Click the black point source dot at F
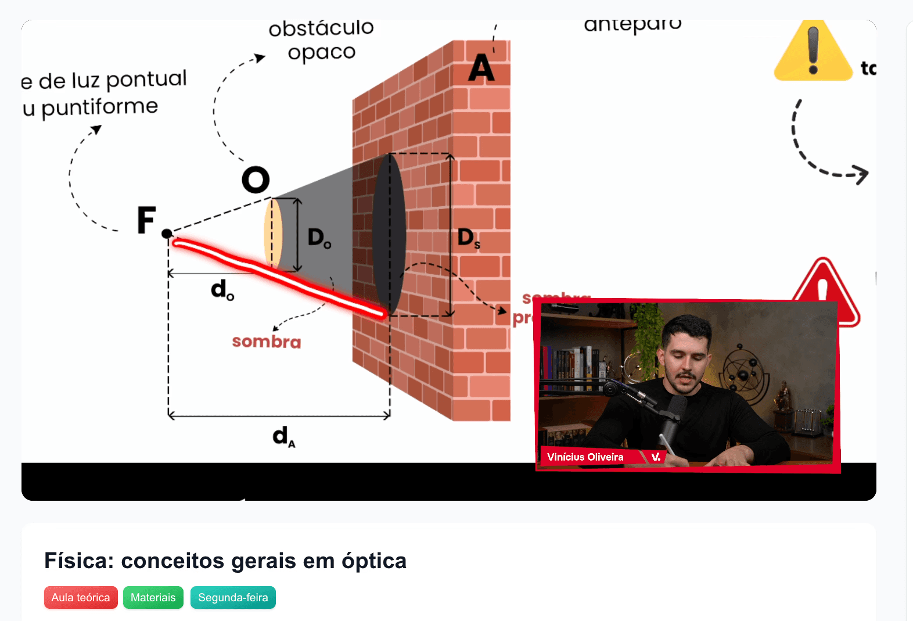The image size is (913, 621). (x=167, y=234)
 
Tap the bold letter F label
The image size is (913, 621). (x=146, y=220)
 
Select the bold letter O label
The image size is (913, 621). (x=256, y=180)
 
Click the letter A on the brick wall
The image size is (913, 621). (x=481, y=68)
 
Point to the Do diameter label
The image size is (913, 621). (x=319, y=238)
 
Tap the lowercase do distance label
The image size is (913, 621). (x=222, y=289)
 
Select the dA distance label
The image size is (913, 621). (x=283, y=436)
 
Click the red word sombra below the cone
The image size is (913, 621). (x=267, y=342)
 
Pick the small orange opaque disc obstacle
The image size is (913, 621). (x=273, y=234)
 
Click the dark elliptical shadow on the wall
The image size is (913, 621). (x=389, y=234)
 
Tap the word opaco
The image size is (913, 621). (x=322, y=53)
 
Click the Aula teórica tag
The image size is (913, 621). (x=81, y=597)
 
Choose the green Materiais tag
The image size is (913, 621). (x=153, y=597)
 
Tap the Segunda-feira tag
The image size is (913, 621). (x=233, y=597)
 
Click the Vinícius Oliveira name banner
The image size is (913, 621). (x=585, y=457)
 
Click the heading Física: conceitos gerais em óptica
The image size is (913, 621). (x=225, y=561)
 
